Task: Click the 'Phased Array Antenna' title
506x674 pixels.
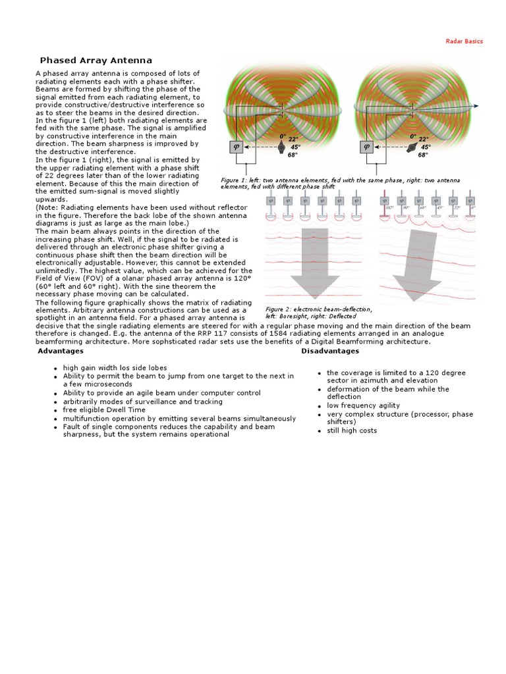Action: point(96,60)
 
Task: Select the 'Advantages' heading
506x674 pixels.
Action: point(60,351)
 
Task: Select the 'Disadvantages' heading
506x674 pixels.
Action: point(330,351)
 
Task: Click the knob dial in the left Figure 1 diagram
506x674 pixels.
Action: point(281,148)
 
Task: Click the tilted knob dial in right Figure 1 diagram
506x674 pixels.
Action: point(412,149)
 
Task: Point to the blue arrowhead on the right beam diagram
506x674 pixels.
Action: point(475,106)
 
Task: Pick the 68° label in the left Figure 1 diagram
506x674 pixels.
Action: point(293,155)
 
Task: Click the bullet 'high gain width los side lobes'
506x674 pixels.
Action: point(115,367)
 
